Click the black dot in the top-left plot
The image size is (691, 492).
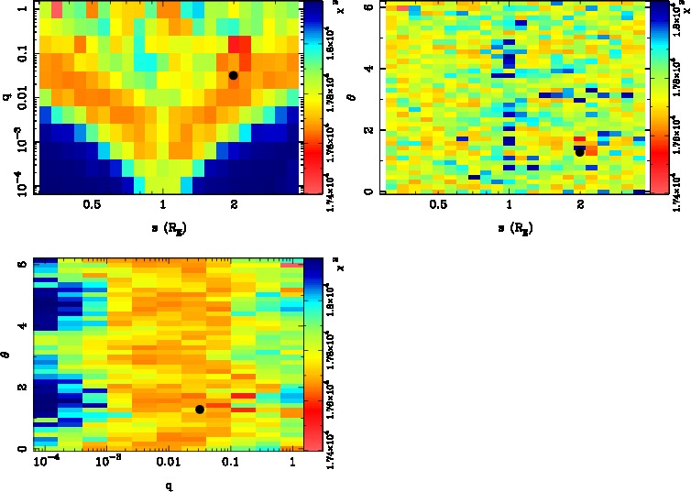pyautogui.click(x=233, y=75)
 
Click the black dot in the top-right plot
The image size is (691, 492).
pyautogui.click(x=579, y=152)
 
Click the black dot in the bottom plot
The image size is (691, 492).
pyautogui.click(x=200, y=410)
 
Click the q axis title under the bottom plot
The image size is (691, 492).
pyautogui.click(x=170, y=486)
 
